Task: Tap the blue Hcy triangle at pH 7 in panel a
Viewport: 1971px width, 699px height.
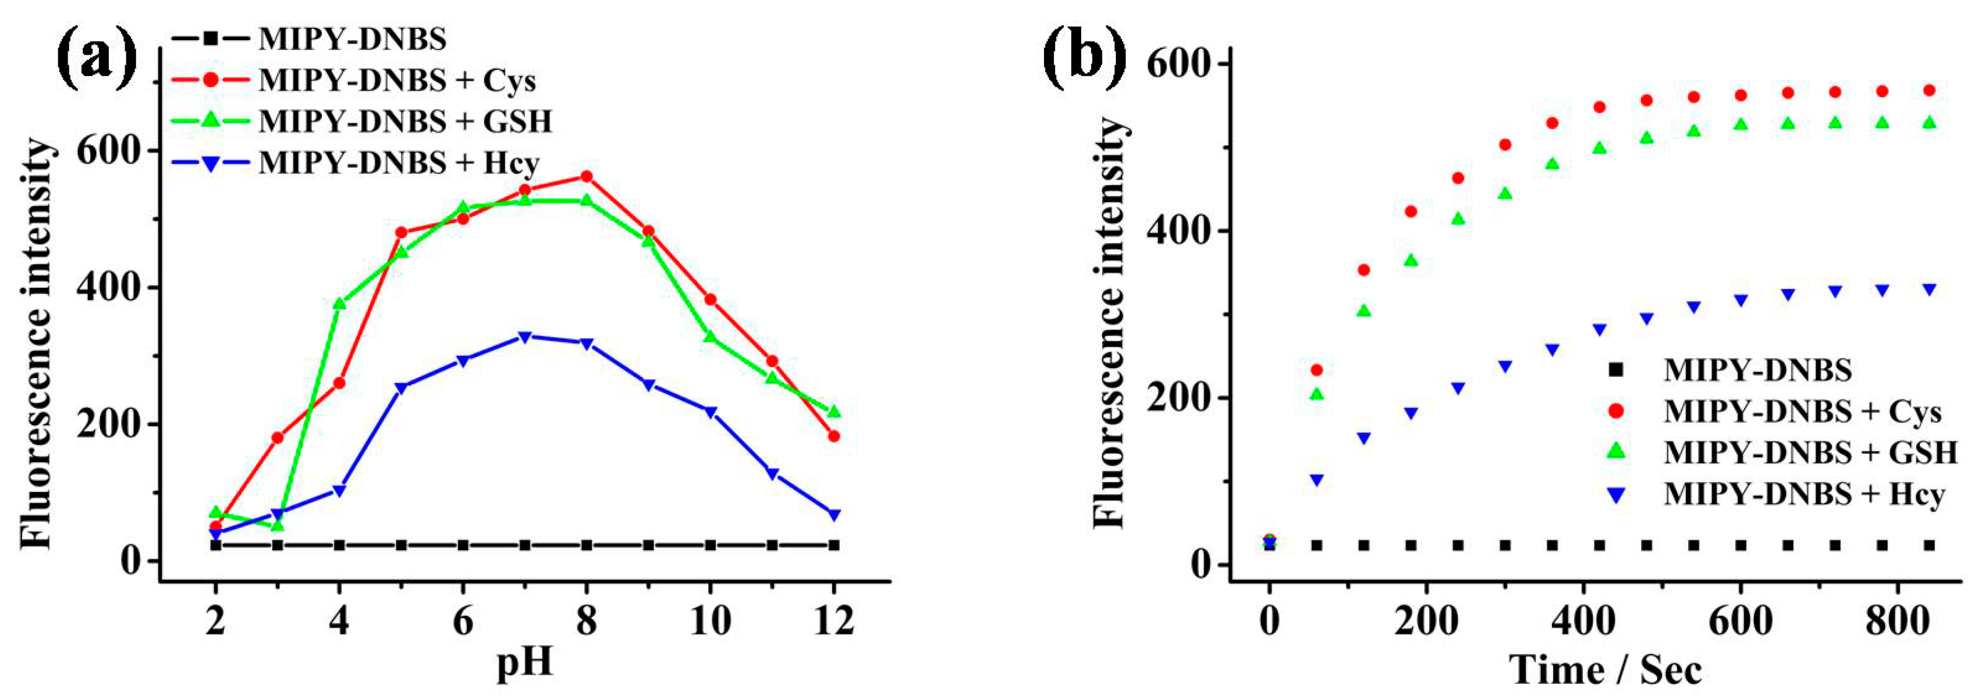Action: [525, 337]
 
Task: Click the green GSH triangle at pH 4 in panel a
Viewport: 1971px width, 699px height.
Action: [340, 304]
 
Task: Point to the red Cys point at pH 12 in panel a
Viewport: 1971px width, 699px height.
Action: [834, 437]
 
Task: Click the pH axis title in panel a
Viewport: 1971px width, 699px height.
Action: [525, 662]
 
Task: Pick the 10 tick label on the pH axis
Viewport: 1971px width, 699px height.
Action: [710, 622]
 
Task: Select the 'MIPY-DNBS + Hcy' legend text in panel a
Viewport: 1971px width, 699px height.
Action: [399, 163]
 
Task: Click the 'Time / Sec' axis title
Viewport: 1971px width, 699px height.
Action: [1606, 670]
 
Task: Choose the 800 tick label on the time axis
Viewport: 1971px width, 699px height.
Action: [1928, 622]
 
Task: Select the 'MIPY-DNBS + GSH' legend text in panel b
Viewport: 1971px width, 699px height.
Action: [1810, 453]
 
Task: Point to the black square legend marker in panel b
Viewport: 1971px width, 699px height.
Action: [1615, 370]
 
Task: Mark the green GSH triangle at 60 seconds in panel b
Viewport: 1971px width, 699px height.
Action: [1316, 394]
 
